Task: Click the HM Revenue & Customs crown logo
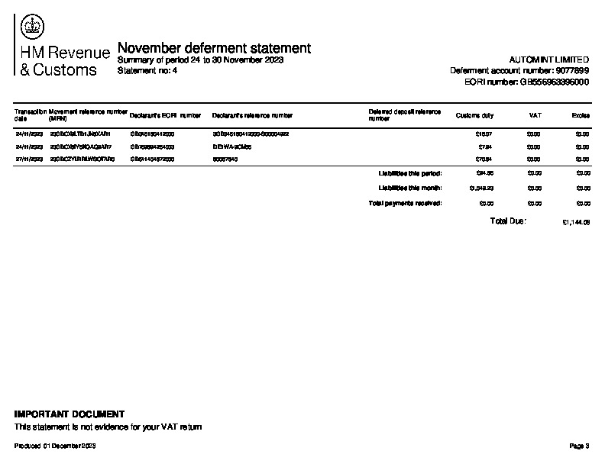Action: point(33,28)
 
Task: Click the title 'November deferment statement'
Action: point(214,48)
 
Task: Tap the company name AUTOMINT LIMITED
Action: point(548,60)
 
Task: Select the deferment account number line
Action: point(519,70)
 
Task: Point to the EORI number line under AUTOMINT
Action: point(526,81)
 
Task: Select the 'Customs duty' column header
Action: point(474,116)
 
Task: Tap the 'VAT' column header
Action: point(535,116)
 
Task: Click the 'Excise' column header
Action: point(581,116)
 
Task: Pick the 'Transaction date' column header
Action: point(31,115)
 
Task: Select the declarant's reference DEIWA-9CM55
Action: point(232,147)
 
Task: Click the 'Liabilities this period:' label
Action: point(410,173)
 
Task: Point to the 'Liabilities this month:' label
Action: point(410,188)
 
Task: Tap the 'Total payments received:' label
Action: point(405,203)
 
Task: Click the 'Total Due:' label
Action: point(508,221)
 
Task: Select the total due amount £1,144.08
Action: point(575,223)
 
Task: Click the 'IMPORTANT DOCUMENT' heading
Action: point(70,414)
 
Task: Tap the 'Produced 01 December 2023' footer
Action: point(56,445)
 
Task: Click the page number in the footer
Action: point(580,445)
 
